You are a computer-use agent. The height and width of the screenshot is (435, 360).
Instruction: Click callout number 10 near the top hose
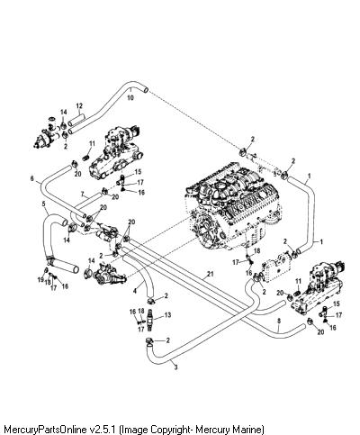tap(130, 97)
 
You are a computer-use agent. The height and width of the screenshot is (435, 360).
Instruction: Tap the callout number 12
tap(79, 106)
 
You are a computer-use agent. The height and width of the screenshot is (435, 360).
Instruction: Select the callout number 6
tap(32, 178)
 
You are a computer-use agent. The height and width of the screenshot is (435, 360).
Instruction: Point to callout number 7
tap(82, 195)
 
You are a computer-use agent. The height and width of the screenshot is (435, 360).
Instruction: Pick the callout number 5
tap(43, 204)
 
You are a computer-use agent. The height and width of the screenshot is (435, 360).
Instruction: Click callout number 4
tap(135, 291)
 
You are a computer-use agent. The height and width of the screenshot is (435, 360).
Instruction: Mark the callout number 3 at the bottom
tap(175, 367)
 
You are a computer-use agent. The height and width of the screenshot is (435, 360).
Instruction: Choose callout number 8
tap(279, 321)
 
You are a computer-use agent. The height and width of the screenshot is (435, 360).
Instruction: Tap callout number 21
tap(211, 274)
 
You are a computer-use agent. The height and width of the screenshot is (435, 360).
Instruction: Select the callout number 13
tap(167, 314)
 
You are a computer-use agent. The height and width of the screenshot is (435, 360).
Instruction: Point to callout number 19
tap(40, 280)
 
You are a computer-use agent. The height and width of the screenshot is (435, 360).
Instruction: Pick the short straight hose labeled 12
tap(76, 119)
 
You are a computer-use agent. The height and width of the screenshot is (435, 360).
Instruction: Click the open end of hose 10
tap(146, 89)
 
